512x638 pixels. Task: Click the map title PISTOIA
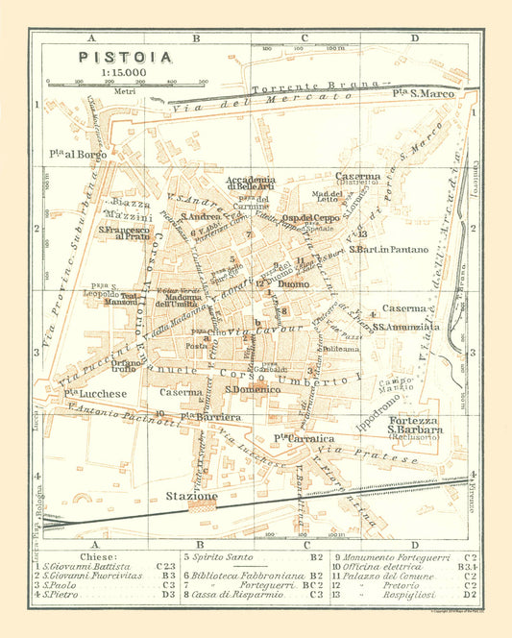(x=125, y=57)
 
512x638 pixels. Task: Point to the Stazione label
(x=192, y=496)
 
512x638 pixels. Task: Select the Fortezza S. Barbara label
(x=416, y=426)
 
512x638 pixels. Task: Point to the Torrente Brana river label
(x=298, y=87)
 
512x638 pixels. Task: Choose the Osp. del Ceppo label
(x=307, y=218)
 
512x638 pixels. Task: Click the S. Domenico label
(x=246, y=389)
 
